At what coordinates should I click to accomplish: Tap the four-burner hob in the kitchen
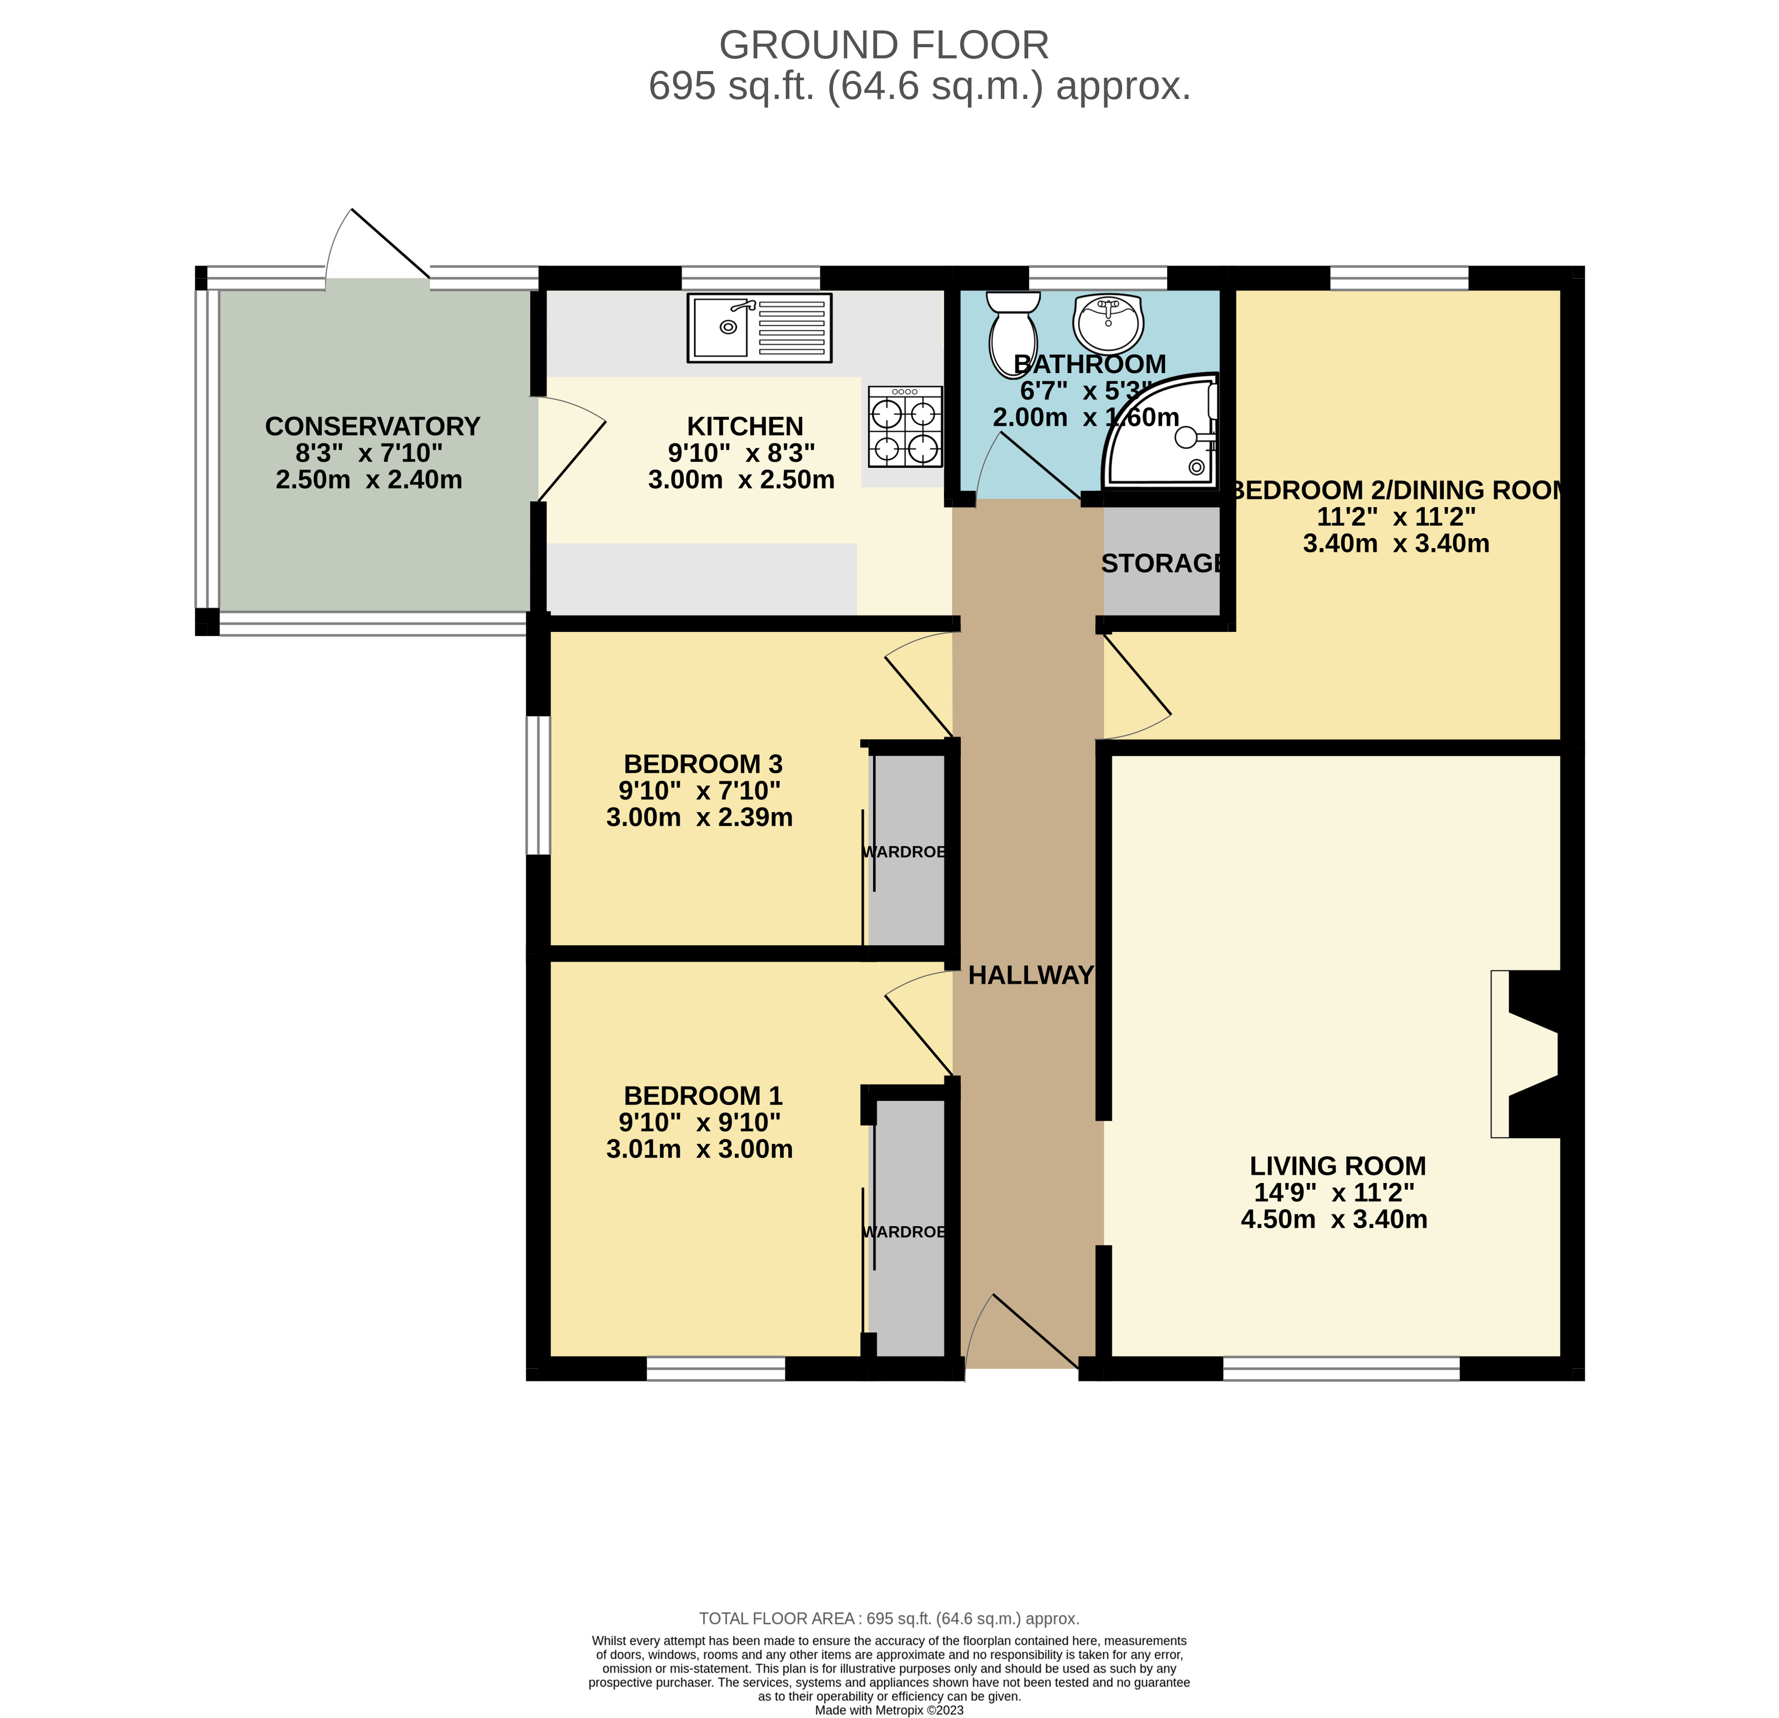coord(905,427)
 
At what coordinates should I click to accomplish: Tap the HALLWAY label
coord(1031,975)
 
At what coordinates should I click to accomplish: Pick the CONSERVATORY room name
coord(372,426)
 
